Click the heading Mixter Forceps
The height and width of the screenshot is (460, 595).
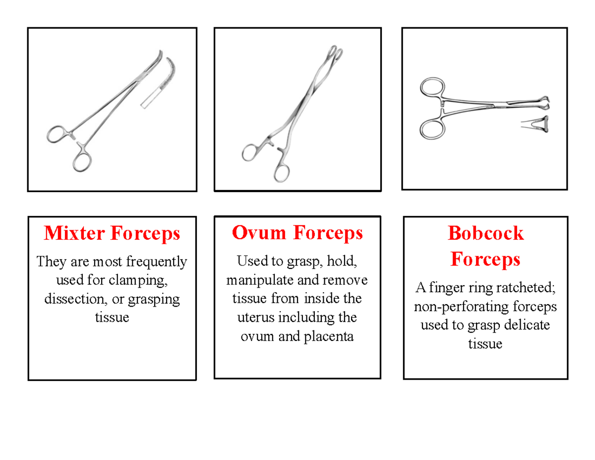pos(112,233)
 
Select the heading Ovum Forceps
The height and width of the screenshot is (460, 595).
pos(297,232)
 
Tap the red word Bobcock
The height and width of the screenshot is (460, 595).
pos(485,233)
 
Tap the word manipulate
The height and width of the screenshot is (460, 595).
pos(260,280)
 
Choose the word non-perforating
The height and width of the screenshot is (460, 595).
pos(455,307)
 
